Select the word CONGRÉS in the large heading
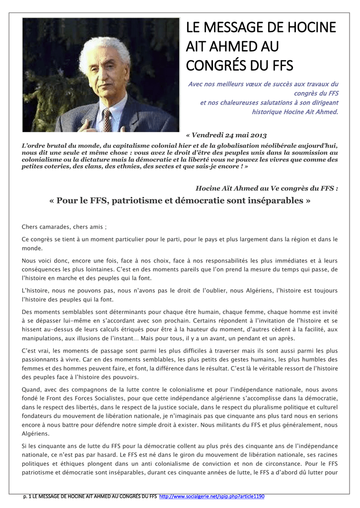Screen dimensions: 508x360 coord(216,65)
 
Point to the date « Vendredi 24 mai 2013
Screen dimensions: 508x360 coord(226,135)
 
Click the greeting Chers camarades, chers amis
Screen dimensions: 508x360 coord(64,227)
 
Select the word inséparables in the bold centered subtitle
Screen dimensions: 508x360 coord(277,201)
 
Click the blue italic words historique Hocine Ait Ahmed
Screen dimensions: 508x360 coord(295,112)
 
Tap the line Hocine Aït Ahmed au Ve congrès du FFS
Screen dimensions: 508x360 coord(267,189)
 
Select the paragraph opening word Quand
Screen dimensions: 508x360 coord(31,389)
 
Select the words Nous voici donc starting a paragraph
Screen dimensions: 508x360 coord(46,260)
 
